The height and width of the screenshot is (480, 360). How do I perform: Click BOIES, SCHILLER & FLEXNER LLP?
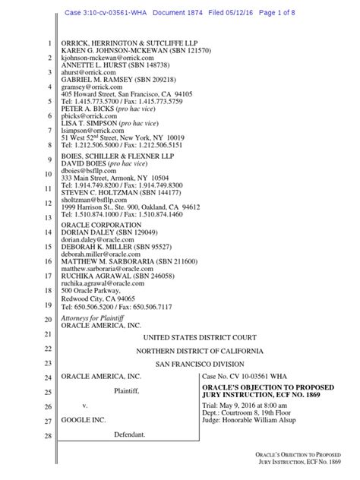(122, 159)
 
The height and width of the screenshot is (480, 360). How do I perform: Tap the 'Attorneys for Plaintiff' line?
(95, 319)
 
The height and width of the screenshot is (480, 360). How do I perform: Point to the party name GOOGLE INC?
(83, 419)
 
